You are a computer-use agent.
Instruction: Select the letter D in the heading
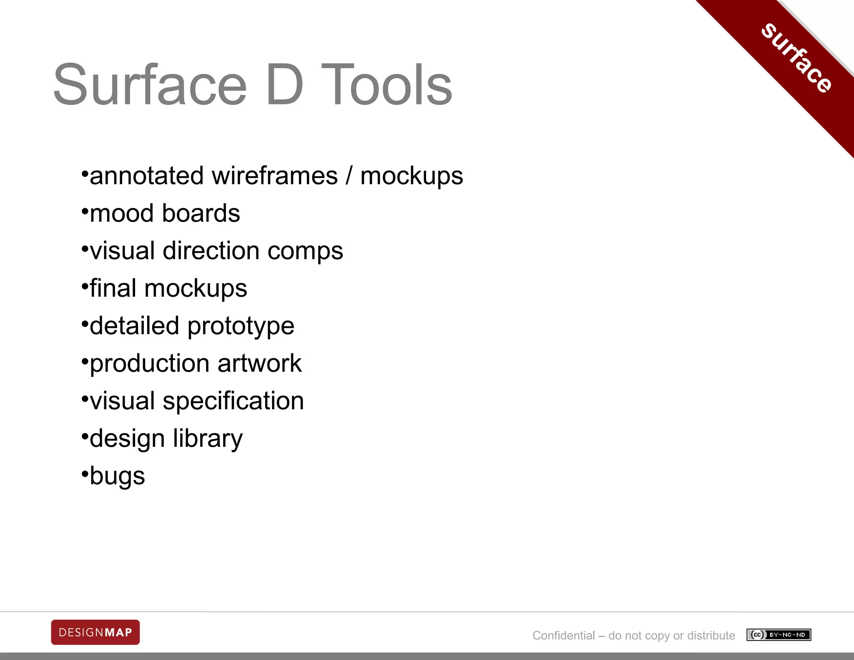tap(284, 85)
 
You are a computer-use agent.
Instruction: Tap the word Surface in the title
tap(150, 85)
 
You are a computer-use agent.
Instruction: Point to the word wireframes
tap(275, 176)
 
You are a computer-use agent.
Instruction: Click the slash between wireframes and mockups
tap(349, 176)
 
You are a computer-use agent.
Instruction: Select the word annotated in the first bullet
tap(147, 176)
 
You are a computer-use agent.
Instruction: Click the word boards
tap(201, 213)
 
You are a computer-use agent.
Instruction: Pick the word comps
tap(305, 252)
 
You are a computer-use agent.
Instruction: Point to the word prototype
tap(241, 327)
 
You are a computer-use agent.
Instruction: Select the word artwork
tap(259, 363)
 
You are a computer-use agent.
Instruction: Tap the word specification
tap(233, 402)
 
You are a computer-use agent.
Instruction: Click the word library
tap(208, 439)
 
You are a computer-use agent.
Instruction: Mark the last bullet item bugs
tap(117, 477)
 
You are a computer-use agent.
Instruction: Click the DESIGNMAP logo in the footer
tap(95, 632)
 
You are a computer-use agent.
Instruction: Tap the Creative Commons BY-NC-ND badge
tap(779, 635)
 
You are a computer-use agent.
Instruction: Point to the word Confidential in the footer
tap(563, 635)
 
